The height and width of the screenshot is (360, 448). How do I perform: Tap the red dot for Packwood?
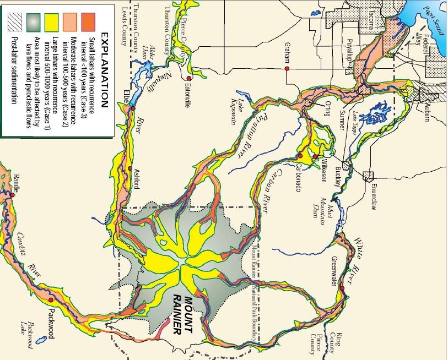click(x=51, y=299)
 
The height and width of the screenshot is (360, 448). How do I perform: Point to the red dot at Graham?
click(x=287, y=68)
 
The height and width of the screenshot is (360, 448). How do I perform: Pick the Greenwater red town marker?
click(x=342, y=288)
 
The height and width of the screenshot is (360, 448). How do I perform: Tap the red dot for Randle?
click(x=12, y=194)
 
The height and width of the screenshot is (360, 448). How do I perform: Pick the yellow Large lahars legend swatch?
click(x=55, y=21)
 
